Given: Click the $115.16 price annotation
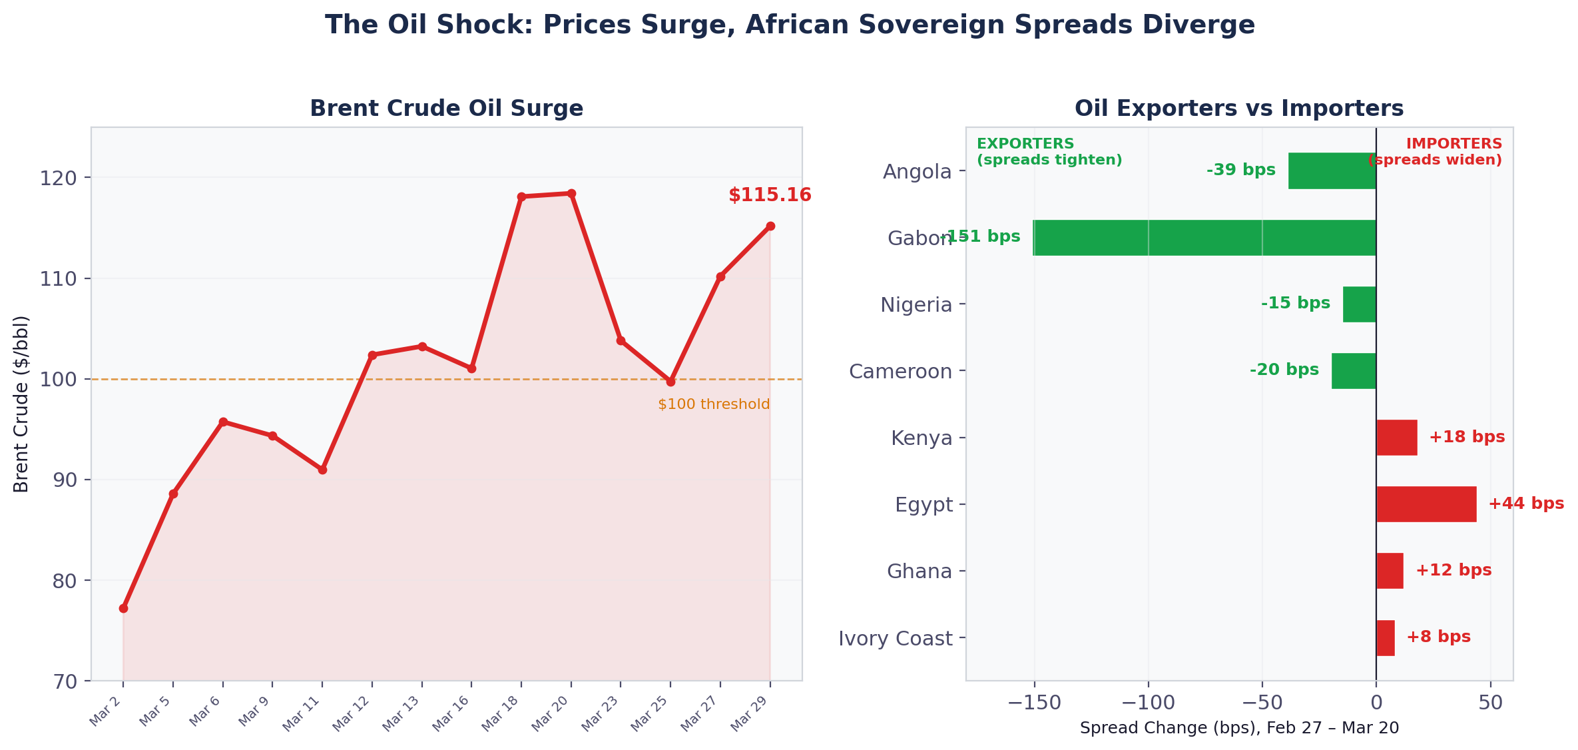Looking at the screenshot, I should [770, 195].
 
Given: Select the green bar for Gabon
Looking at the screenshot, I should [1204, 238].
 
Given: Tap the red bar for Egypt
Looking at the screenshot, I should [1426, 504].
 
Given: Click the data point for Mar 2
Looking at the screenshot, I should [123, 608].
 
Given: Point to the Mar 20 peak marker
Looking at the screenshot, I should [571, 193].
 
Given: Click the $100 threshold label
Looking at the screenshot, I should [713, 404].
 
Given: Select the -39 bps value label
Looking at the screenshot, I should [1240, 170].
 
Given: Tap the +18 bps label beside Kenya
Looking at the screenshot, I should [1467, 437].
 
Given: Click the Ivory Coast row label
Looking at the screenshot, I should [895, 638].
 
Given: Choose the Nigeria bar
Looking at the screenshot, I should [1359, 304].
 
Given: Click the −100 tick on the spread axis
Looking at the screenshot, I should [1147, 703].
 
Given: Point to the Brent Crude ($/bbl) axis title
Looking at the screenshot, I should [21, 404].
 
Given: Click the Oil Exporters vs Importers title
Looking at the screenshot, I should [1238, 108].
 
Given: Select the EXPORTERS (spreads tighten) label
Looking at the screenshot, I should [1049, 152].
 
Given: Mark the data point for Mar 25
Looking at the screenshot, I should [670, 382].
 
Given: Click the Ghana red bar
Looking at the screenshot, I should [1390, 571].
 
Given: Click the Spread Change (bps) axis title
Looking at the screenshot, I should [1238, 728].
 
